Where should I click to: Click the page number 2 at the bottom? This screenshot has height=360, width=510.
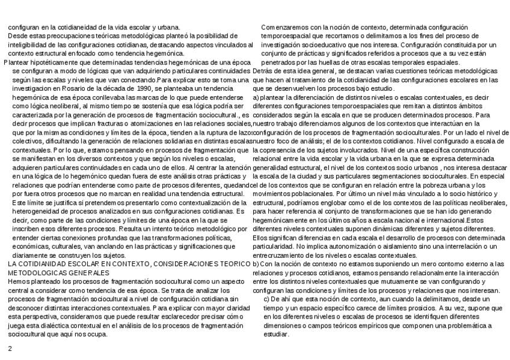[x=10, y=349]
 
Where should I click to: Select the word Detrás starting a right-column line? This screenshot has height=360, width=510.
[x=263, y=70]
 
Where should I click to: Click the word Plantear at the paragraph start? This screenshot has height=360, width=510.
[x=17, y=62]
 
